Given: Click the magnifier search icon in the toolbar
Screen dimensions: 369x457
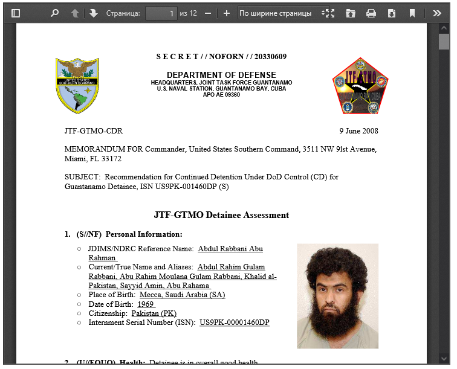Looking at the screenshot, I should coord(55,13).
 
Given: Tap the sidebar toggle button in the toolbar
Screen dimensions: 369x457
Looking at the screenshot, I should coord(16,13).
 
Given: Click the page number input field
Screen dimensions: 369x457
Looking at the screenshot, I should coord(161,13).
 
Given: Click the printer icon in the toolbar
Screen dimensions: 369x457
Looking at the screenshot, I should coord(371,13).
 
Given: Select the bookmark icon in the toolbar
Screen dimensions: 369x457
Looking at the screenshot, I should coord(412,13).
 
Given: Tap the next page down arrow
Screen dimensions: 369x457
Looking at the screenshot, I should coord(94,13).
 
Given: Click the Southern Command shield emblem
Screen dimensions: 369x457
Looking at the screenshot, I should coord(77,85).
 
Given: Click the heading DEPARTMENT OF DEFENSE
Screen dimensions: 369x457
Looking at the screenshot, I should coord(221,75).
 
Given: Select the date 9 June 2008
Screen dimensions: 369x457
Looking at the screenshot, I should coord(359,131).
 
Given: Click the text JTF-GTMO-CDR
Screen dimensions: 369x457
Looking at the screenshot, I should coord(93,131).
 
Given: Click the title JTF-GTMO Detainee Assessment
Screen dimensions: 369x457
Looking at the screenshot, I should coord(221,215).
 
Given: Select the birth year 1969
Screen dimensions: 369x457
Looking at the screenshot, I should coord(146,304).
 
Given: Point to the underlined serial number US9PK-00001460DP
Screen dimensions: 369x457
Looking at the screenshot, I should coord(235,322).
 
